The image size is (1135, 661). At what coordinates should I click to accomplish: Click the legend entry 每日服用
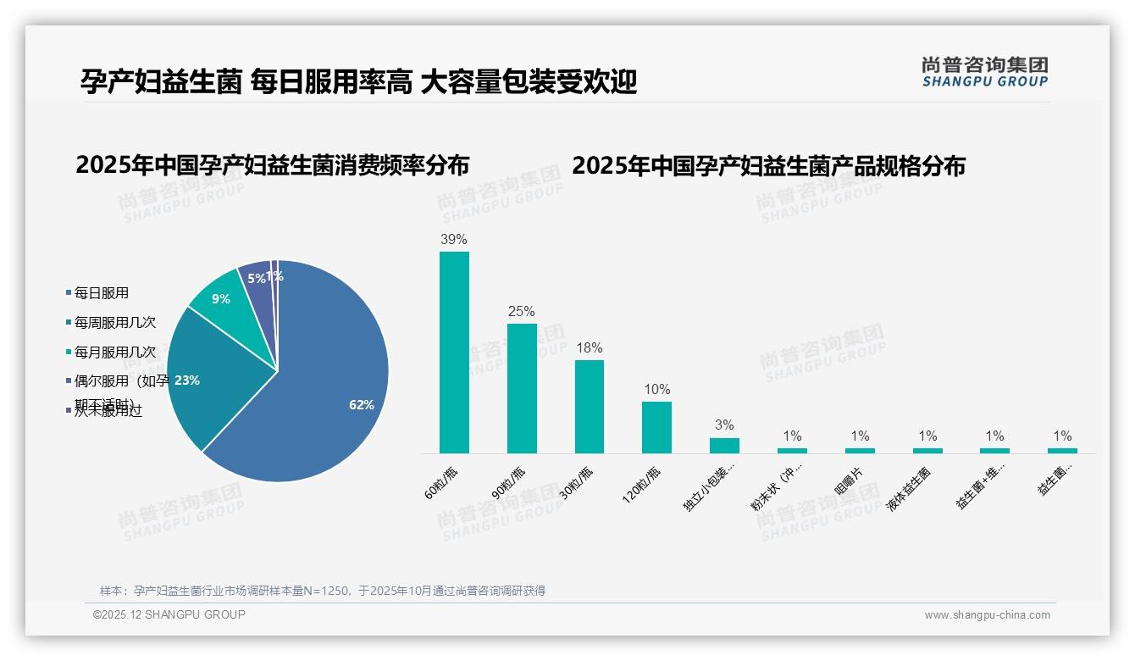(x=101, y=293)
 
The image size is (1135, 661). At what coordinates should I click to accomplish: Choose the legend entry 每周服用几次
(x=114, y=322)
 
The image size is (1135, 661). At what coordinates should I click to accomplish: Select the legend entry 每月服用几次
(x=114, y=352)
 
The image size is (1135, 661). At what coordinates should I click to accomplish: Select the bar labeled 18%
(x=590, y=407)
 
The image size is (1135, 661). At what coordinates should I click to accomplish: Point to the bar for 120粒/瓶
(x=656, y=427)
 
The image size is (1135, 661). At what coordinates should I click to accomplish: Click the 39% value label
(x=454, y=239)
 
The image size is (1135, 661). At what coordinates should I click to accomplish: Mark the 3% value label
(x=724, y=425)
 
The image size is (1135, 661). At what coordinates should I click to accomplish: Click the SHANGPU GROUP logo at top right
(x=985, y=72)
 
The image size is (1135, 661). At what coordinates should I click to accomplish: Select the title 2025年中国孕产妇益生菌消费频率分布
(x=272, y=164)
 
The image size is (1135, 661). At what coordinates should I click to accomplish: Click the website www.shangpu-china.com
(x=987, y=615)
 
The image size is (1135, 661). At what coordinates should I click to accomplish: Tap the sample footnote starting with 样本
(x=323, y=591)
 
